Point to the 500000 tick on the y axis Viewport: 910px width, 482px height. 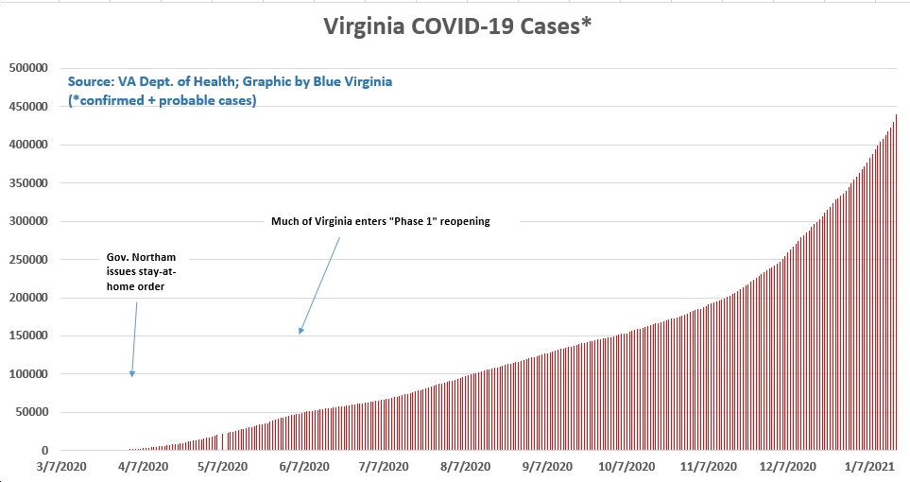(x=27, y=68)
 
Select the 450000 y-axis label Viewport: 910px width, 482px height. (x=27, y=107)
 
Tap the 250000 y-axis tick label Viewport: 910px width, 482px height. (x=27, y=260)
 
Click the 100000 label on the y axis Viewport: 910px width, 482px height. (x=27, y=374)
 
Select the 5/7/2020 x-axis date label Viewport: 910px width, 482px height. (x=223, y=467)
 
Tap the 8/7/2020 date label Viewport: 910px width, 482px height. (x=465, y=467)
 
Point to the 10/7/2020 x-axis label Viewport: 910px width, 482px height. (x=627, y=467)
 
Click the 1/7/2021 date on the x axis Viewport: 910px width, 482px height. (x=869, y=467)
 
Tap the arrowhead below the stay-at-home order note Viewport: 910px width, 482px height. (x=132, y=375)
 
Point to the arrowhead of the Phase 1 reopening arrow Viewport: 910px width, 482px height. (x=300, y=332)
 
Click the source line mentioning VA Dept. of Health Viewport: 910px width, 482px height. (x=230, y=82)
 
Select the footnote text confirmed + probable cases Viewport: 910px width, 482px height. (x=162, y=100)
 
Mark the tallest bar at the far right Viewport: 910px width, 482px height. (x=896, y=284)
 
